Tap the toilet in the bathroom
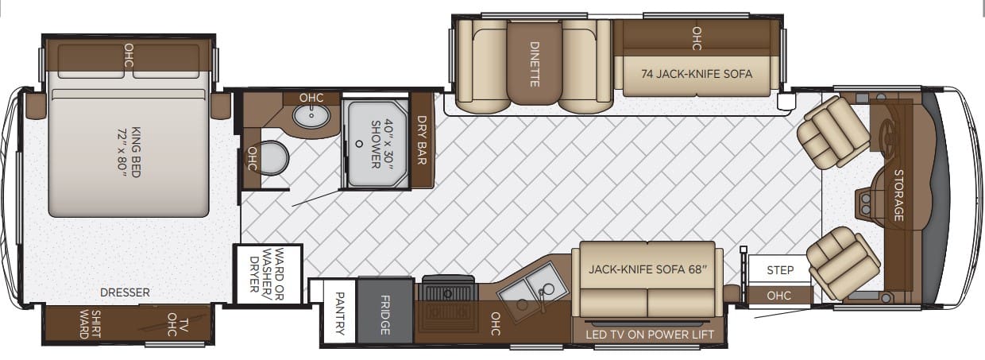pyautogui.click(x=273, y=158)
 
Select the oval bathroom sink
pyautogui.click(x=311, y=116)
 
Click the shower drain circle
pyautogui.click(x=359, y=143)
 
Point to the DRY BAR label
pyautogui.click(x=422, y=140)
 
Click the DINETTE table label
pyautogui.click(x=535, y=64)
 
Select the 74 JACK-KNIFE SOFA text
pyautogui.click(x=697, y=74)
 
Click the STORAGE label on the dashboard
pyautogui.click(x=899, y=195)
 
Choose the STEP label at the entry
pyautogui.click(x=780, y=269)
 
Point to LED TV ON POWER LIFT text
pyautogui.click(x=650, y=335)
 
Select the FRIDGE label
pyautogui.click(x=384, y=315)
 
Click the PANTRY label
pyautogui.click(x=340, y=313)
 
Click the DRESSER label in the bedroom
pyautogui.click(x=125, y=292)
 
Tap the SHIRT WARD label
pyautogui.click(x=90, y=324)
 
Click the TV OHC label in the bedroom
pyautogui.click(x=178, y=324)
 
